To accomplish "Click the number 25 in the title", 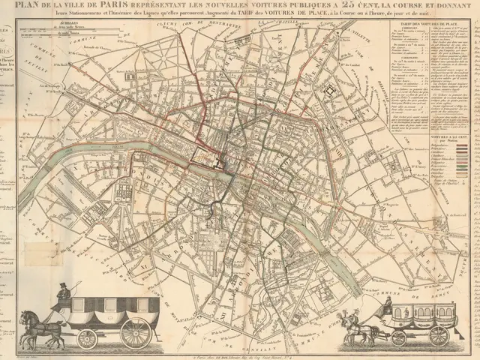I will [x=336, y=7].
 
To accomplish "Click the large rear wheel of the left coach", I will [x=136, y=332].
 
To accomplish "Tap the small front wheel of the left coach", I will [x=87, y=337].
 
